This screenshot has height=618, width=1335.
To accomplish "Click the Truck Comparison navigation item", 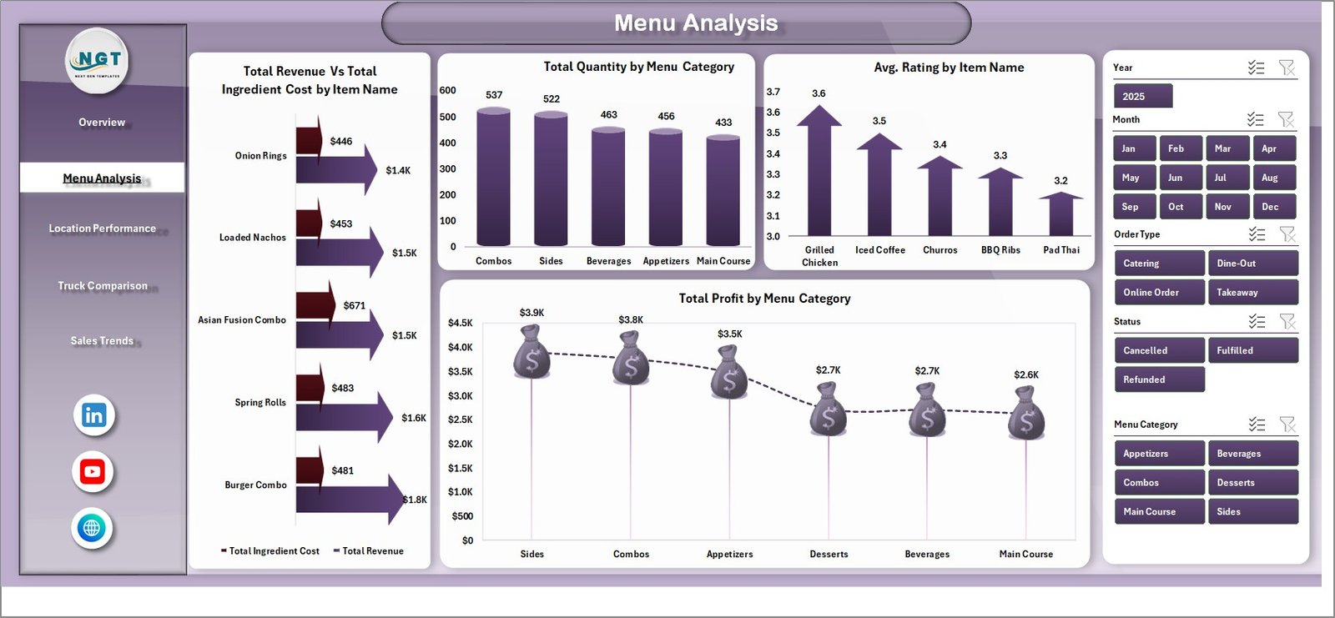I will pos(102,286).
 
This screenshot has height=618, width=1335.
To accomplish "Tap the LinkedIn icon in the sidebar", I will pos(93,415).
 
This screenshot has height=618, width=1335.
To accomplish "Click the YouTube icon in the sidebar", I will pos(93,472).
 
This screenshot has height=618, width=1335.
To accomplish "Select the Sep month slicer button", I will pos(1134,207).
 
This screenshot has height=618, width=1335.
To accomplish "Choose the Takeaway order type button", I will pos(1252,293).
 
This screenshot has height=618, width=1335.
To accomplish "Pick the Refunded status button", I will pos(1158,379).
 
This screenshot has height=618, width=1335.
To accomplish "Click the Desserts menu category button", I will pos(1252,483).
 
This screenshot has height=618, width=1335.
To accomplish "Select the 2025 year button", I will pos(1142,97).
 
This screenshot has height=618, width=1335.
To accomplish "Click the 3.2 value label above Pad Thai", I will pos(1060,181).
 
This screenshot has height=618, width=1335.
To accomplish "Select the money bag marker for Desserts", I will pos(828,409).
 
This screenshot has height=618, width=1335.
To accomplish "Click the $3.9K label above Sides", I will pos(531,313).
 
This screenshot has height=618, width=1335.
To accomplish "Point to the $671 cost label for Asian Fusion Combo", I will pos(354,306).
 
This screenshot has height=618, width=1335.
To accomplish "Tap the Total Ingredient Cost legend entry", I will pos(270,551).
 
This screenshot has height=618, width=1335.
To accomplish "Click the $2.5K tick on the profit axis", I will pos(460,420).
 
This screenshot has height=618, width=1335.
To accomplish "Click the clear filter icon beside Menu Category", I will pos(1287,425).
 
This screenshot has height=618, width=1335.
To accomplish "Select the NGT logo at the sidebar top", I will pos(98,60).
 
